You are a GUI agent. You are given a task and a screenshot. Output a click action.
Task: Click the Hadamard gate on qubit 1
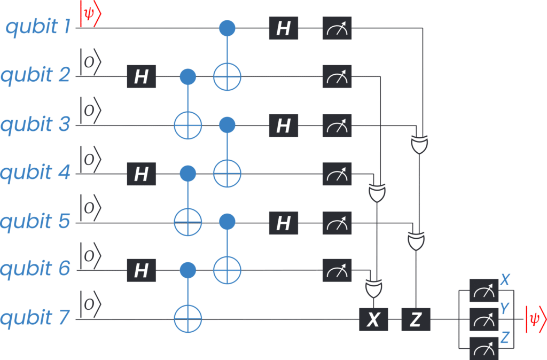(x=283, y=28)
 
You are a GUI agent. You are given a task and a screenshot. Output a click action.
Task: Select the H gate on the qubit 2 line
(x=141, y=76)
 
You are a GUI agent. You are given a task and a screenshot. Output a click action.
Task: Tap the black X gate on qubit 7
(x=373, y=319)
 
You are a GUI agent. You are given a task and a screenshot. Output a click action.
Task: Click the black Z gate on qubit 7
(x=416, y=319)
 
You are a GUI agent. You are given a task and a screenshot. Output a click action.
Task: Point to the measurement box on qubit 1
(x=337, y=28)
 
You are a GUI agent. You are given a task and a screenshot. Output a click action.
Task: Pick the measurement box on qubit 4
(x=337, y=174)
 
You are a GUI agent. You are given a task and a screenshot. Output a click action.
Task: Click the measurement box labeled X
(x=484, y=290)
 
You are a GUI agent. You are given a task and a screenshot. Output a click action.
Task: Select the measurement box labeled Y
(x=484, y=319)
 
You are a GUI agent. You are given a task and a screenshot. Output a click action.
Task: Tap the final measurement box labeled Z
(x=484, y=348)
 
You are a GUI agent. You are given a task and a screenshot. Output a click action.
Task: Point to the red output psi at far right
(x=536, y=319)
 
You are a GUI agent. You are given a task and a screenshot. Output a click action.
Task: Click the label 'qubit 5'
(x=35, y=221)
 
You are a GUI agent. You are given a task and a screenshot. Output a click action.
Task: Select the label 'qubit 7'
(x=35, y=318)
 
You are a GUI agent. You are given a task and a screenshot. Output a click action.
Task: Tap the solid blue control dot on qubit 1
(x=227, y=28)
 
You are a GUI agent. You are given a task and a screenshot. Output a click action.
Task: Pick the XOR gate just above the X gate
(x=373, y=288)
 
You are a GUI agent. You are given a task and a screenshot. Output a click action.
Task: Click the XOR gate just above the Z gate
(x=416, y=241)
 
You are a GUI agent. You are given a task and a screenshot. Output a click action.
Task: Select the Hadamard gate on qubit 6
(x=141, y=270)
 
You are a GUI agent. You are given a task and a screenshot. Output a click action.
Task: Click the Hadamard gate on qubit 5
(x=283, y=223)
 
